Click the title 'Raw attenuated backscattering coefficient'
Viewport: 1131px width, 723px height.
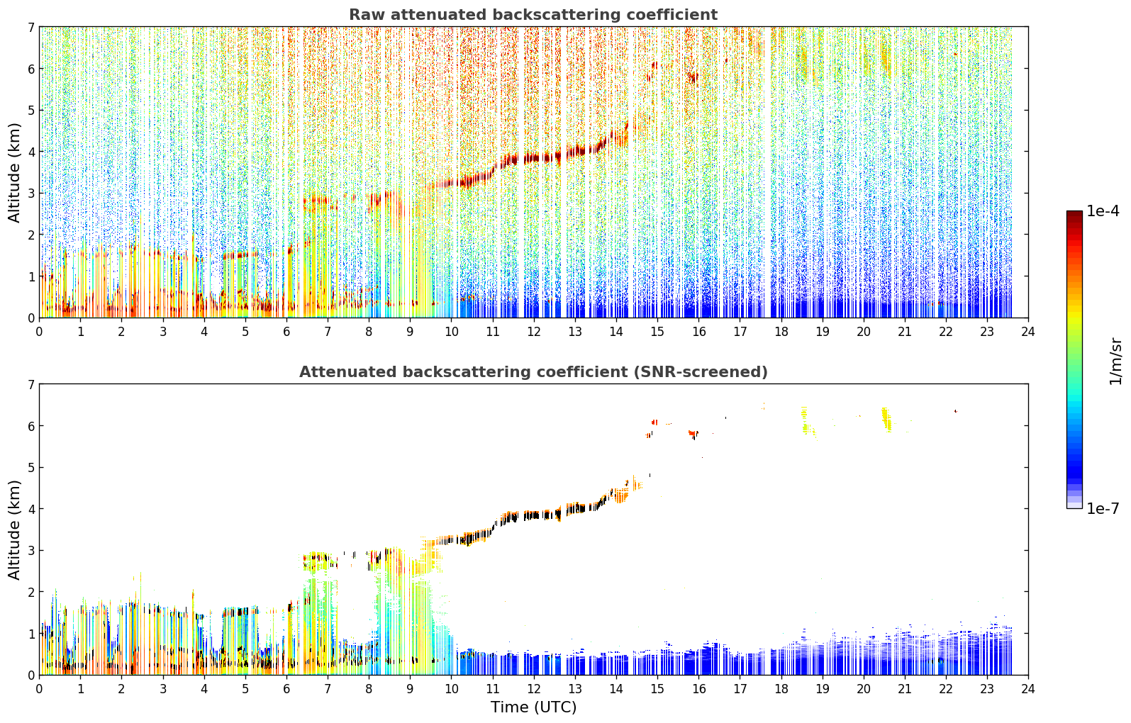click(533, 15)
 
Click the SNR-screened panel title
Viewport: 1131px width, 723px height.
click(533, 372)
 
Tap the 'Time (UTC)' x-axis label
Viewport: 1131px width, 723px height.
click(533, 707)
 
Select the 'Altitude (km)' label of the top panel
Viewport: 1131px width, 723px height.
click(13, 173)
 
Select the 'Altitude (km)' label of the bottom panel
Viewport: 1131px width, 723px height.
click(13, 529)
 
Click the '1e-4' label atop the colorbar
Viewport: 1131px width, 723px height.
click(1103, 211)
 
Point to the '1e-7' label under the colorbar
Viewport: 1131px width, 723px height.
click(1103, 509)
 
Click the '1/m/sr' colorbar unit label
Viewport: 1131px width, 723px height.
click(1115, 362)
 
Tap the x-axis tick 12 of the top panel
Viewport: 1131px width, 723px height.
click(534, 332)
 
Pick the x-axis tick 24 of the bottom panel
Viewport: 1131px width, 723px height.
click(1028, 689)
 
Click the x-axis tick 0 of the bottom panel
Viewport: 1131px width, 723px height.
click(40, 689)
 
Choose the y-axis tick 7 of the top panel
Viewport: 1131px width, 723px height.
click(31, 27)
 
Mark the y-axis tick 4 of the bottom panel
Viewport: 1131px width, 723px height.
click(31, 509)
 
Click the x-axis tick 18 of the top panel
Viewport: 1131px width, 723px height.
click(781, 332)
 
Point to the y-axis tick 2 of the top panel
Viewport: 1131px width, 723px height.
click(31, 235)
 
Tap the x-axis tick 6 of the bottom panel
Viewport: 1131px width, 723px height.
click(286, 689)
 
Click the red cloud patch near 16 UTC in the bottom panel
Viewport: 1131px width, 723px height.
click(693, 434)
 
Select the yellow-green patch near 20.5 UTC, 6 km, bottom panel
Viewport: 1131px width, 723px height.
click(886, 420)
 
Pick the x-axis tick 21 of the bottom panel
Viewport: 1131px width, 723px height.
click(905, 689)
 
